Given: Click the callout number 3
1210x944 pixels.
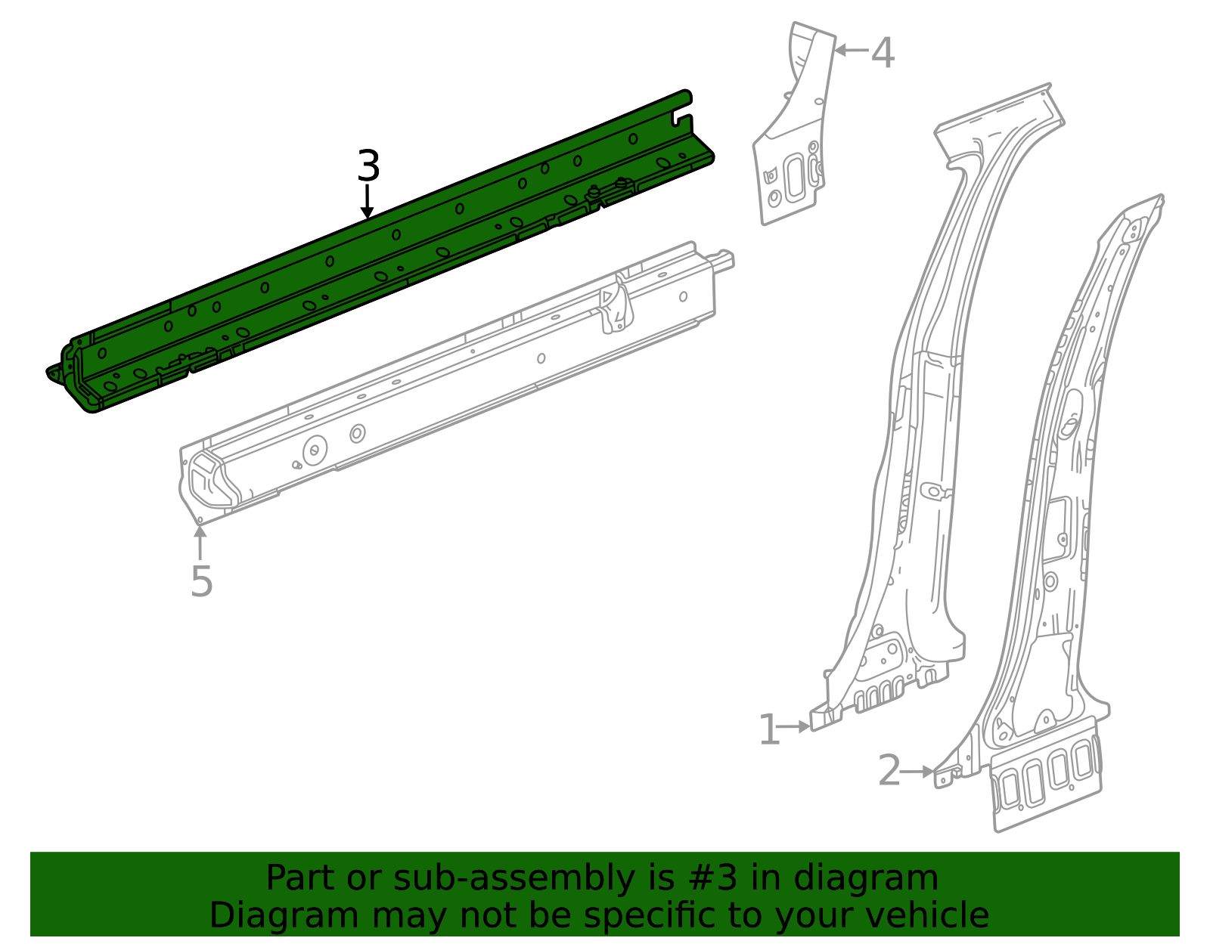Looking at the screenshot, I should pyautogui.click(x=368, y=166).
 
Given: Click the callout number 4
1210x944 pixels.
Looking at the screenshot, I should pyautogui.click(x=883, y=54).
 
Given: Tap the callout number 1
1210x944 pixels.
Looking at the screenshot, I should pyautogui.click(x=768, y=730).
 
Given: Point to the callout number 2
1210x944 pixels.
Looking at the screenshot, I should pyautogui.click(x=889, y=772).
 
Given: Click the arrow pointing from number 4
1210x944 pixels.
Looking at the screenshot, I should pyautogui.click(x=850, y=51).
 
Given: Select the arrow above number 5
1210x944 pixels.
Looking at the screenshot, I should pyautogui.click(x=200, y=541).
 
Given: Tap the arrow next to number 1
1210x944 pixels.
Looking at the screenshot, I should pyautogui.click(x=794, y=726).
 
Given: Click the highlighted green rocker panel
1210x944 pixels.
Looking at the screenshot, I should pyautogui.click(x=378, y=249).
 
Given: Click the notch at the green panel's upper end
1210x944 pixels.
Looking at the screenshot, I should pyautogui.click(x=683, y=119).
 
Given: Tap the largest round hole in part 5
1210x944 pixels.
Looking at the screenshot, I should pyautogui.click(x=315, y=451).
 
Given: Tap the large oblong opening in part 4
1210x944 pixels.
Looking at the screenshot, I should pyautogui.click(x=795, y=177).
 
